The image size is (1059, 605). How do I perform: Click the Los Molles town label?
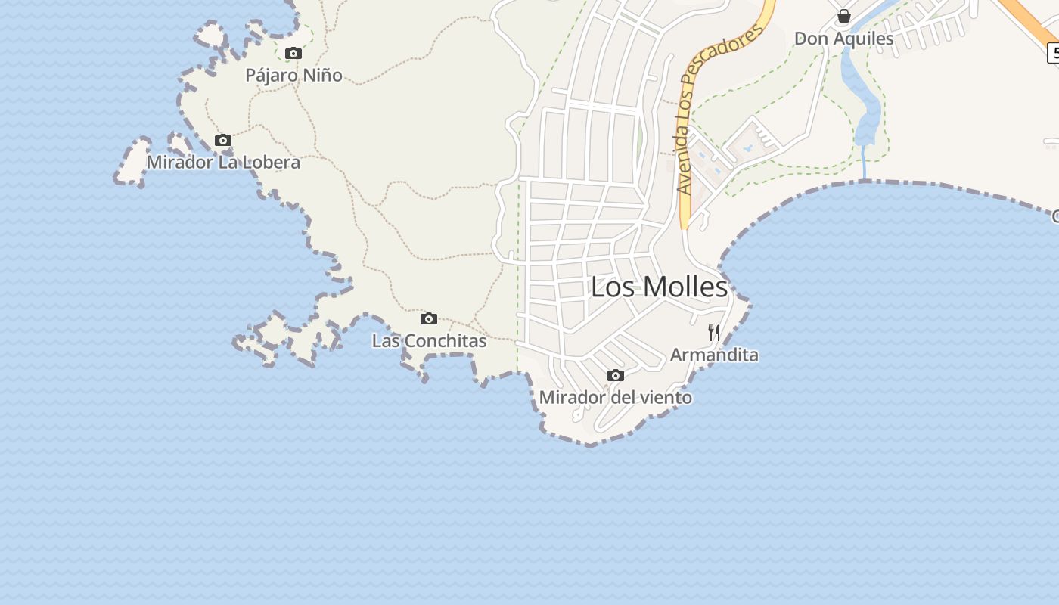coord(659,287)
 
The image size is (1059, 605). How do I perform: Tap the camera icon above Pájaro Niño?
coord(293,54)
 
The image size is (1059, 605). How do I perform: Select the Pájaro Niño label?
coord(293,76)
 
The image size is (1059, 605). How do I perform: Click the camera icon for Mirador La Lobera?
coord(222,141)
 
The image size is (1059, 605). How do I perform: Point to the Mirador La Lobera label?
coord(223,163)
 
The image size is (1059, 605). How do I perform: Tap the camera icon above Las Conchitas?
coord(429,319)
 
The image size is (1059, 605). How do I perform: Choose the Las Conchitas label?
coord(429,341)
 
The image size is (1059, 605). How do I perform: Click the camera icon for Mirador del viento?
coord(616,376)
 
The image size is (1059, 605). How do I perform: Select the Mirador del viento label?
coord(615,398)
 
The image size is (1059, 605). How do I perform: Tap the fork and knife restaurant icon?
coord(714,332)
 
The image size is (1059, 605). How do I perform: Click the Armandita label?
coord(714,355)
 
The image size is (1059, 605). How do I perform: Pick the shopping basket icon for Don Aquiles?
coord(844,16)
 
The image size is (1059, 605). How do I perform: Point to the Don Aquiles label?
coord(844,38)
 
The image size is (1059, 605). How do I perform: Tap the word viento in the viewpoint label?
coord(666,398)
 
